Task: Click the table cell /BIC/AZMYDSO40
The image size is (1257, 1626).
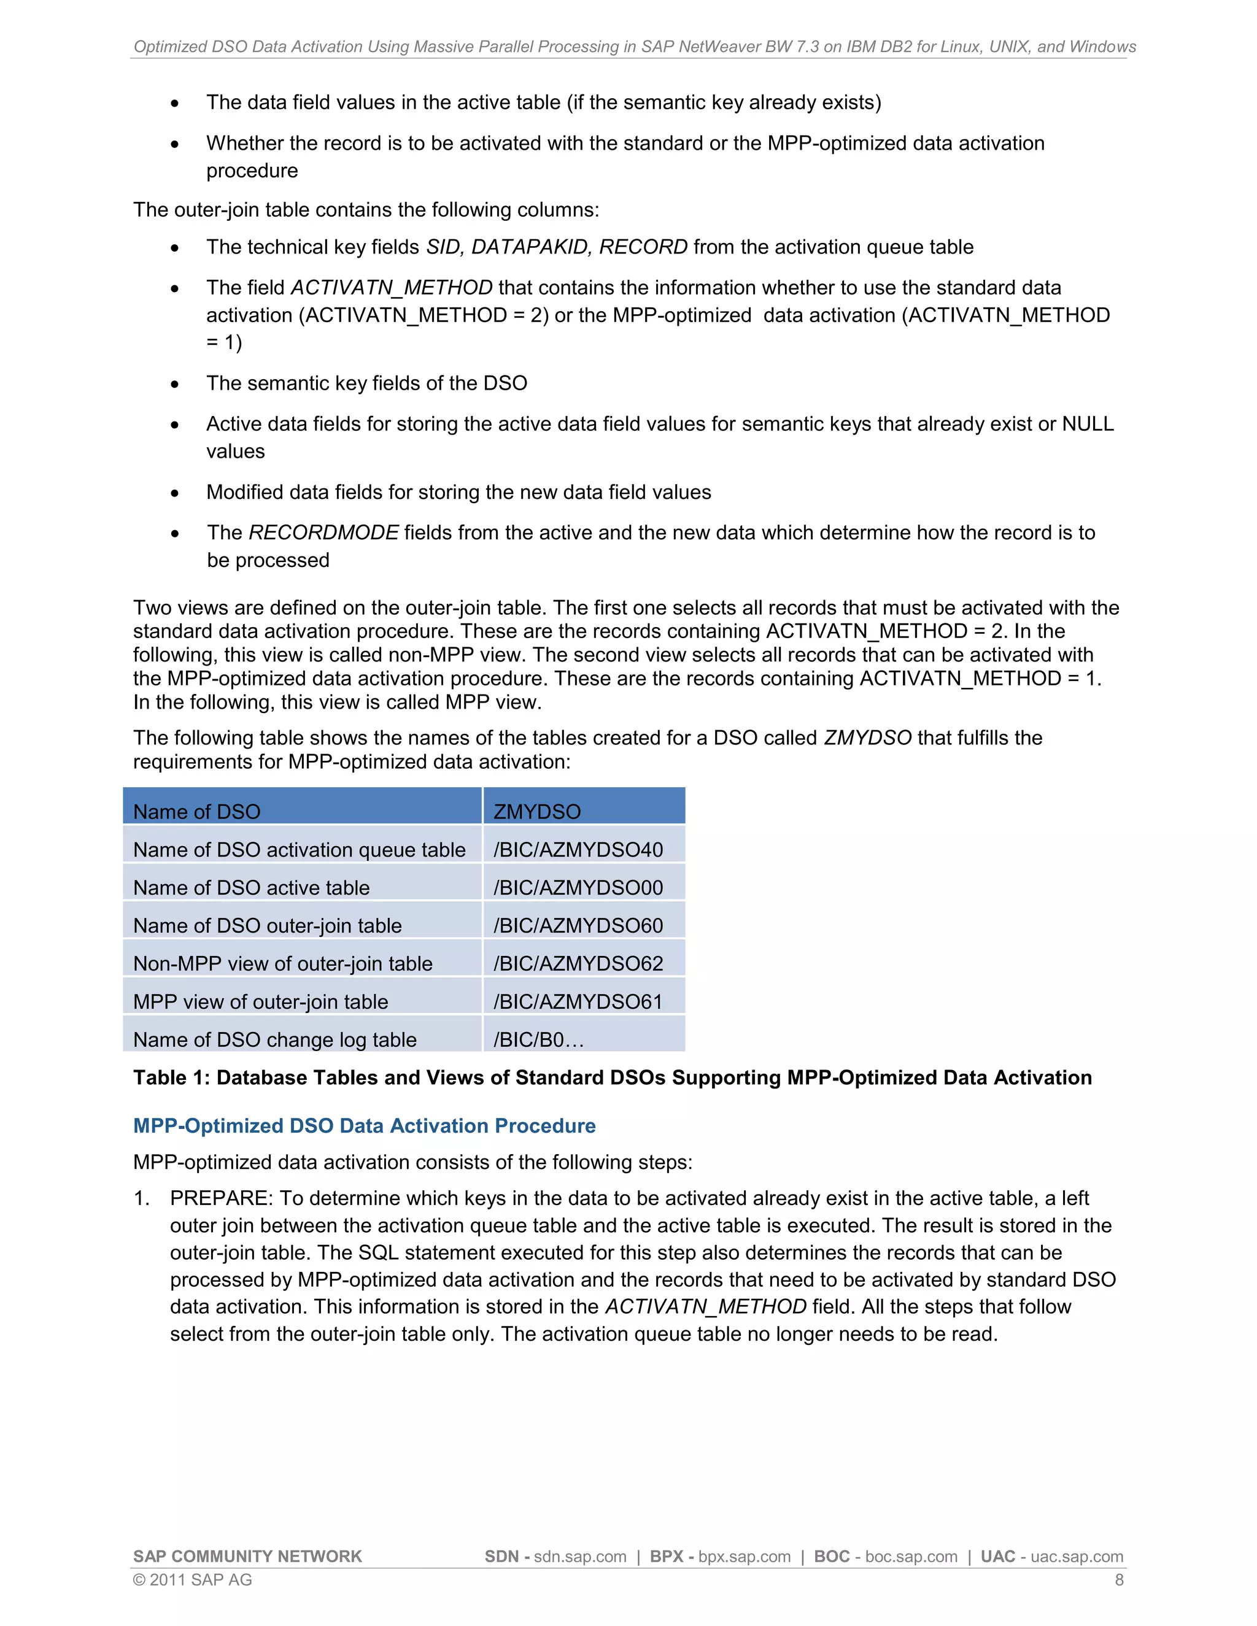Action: tap(578, 849)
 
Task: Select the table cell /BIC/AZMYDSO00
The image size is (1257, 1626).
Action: tap(578, 887)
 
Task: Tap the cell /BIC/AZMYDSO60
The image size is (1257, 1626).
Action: tap(578, 925)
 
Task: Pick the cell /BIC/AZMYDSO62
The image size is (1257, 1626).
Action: tap(578, 963)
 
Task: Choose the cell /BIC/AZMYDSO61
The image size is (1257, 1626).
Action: tap(578, 1001)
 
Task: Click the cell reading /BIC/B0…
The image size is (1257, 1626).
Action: tap(538, 1039)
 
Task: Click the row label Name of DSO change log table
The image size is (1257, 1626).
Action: tap(275, 1039)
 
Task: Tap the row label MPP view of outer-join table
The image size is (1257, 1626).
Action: tap(261, 1001)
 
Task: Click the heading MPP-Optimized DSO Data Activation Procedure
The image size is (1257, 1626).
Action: tap(364, 1126)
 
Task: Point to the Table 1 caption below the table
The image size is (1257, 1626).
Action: tap(612, 1077)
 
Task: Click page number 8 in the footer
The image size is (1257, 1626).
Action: tap(1118, 1580)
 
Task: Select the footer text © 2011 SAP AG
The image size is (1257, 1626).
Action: tap(192, 1580)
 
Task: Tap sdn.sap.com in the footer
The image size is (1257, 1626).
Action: tap(580, 1557)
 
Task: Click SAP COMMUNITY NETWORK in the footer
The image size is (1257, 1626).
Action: tap(247, 1557)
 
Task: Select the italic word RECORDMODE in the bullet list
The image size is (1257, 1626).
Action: tap(323, 533)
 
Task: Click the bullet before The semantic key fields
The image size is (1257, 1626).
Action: tap(174, 385)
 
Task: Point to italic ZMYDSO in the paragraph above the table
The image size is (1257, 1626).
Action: tap(867, 738)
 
